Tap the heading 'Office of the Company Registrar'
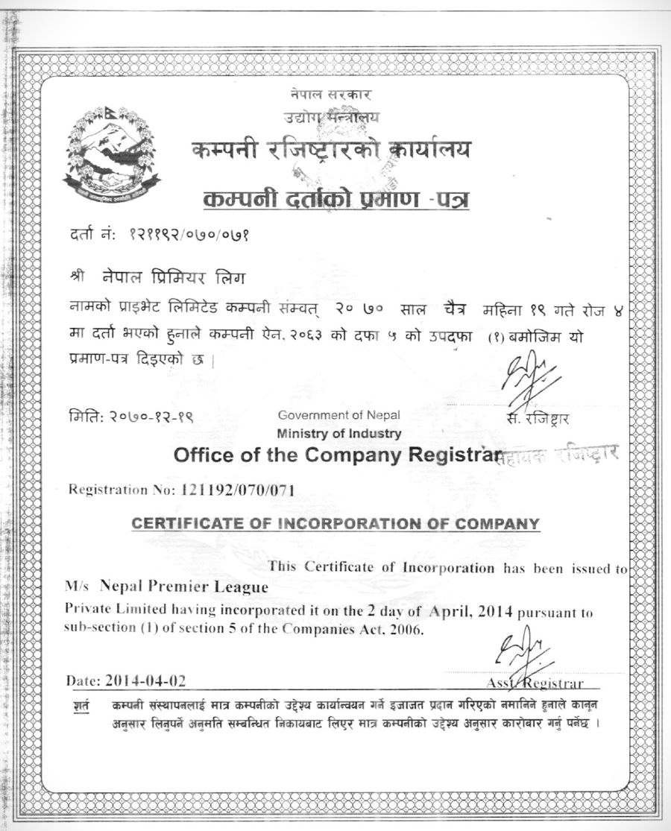pyautogui.click(x=334, y=455)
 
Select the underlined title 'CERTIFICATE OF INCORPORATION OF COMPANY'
pyautogui.click(x=335, y=523)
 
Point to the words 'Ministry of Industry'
pyautogui.click(x=339, y=433)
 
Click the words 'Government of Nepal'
pyautogui.click(x=338, y=415)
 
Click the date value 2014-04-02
pyautogui.click(x=146, y=680)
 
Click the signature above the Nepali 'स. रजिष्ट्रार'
pyautogui.click(x=529, y=382)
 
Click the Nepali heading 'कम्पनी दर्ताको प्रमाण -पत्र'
pyautogui.click(x=336, y=199)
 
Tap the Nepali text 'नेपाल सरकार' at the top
pyautogui.click(x=331, y=95)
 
